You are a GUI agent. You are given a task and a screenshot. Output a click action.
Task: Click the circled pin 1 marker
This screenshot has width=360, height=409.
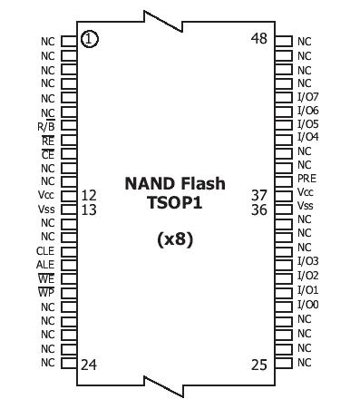tap(89, 38)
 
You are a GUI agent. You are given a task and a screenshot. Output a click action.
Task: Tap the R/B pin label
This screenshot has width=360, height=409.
tap(45, 126)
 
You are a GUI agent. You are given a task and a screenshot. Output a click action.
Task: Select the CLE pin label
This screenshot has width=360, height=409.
tap(45, 250)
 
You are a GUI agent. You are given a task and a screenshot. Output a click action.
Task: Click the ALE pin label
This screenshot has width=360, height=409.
tap(45, 264)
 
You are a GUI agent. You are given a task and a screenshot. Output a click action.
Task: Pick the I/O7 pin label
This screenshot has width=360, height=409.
tap(308, 96)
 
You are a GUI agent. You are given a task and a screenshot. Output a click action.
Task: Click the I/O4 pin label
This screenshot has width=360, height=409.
tap(308, 137)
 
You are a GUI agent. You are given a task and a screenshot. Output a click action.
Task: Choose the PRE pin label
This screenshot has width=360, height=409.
tap(306, 179)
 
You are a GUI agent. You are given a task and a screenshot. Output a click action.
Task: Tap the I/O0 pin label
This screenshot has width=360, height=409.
tap(308, 304)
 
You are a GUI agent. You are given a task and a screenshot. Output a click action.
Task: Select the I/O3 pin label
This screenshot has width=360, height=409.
tap(308, 261)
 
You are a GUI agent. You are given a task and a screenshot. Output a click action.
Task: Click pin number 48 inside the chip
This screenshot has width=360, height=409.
tap(259, 38)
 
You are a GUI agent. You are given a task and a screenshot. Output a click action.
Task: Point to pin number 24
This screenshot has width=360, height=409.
tap(89, 365)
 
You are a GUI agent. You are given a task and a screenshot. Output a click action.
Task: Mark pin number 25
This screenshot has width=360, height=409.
tap(259, 365)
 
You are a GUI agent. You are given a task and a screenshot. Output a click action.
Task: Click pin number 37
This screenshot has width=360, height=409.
tap(259, 195)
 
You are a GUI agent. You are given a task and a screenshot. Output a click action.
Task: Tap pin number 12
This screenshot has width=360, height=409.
tap(89, 195)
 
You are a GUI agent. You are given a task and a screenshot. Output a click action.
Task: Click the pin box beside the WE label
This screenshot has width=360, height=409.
tap(68, 279)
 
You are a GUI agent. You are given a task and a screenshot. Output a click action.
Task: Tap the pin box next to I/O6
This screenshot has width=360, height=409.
tap(283, 110)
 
